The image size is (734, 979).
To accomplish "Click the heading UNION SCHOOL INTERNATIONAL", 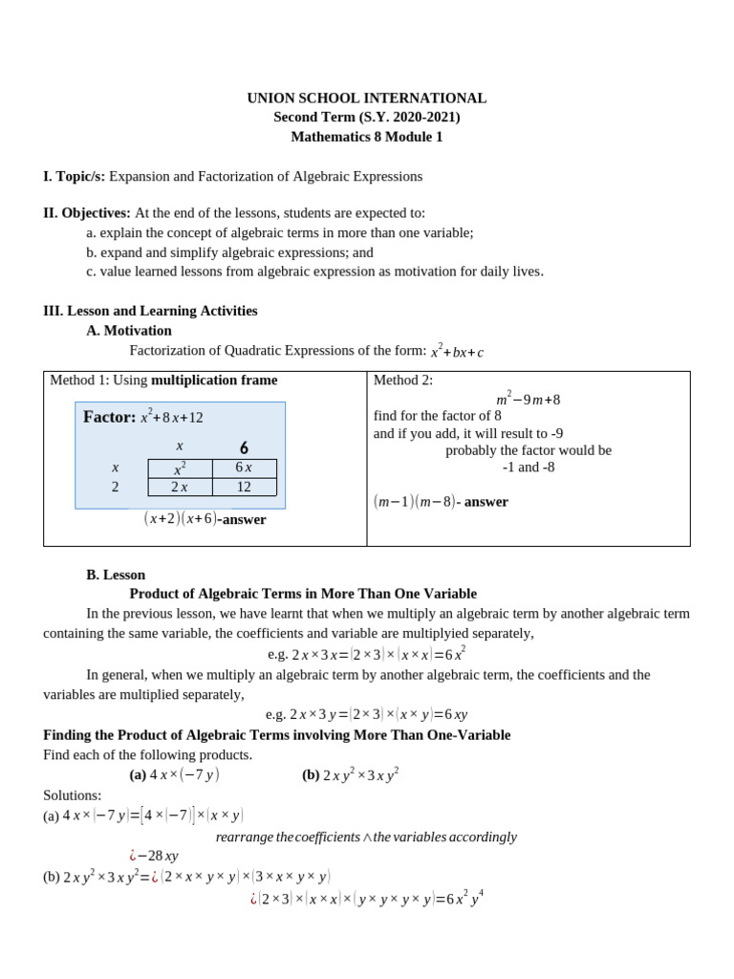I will (x=367, y=98).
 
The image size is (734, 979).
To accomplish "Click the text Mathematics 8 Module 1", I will (x=367, y=137).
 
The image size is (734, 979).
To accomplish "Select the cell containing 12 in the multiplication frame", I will (x=244, y=487).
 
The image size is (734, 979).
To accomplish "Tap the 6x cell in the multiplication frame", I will (x=244, y=468).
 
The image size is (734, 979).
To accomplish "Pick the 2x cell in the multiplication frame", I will (x=180, y=487).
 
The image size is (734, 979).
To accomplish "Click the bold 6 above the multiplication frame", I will (x=244, y=447).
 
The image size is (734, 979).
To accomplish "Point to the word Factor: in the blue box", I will (x=109, y=417).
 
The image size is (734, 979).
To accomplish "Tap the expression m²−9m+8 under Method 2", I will (x=528, y=399).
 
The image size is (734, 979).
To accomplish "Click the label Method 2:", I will (x=403, y=380).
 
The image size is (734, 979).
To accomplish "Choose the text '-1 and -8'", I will (x=529, y=468).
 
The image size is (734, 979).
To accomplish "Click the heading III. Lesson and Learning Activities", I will (x=150, y=311).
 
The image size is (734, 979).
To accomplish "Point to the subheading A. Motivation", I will (x=129, y=331).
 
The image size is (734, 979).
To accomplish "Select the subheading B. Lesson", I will (x=116, y=575).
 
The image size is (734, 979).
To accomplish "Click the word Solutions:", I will (x=73, y=795).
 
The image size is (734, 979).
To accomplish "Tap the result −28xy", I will (x=158, y=856).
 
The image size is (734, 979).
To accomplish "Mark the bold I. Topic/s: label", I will (x=75, y=176).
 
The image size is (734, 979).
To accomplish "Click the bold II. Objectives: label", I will (x=87, y=212).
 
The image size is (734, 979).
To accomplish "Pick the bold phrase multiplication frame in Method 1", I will (x=214, y=380).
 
